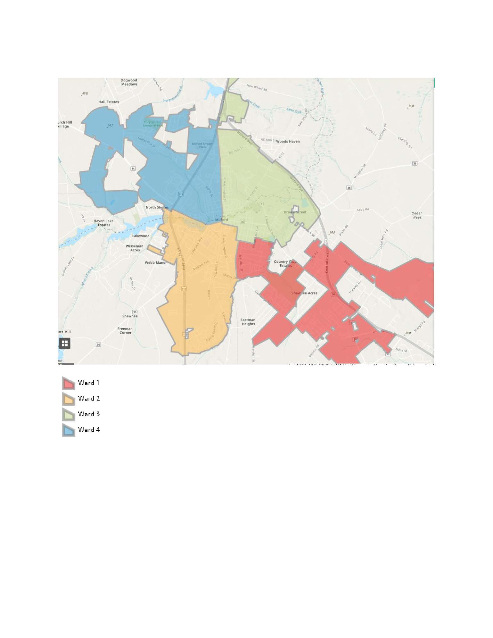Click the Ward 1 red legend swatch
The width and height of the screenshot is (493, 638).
69,383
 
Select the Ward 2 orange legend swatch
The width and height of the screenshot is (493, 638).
69,399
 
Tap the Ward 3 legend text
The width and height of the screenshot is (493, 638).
89,414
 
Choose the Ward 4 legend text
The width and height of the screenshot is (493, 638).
89,430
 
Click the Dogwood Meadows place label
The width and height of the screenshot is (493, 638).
129,82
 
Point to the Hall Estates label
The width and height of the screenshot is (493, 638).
109,102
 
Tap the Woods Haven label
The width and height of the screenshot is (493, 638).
288,141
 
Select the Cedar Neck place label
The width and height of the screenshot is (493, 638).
417,215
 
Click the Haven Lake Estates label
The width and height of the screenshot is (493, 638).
103,223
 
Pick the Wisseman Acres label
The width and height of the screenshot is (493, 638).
135,248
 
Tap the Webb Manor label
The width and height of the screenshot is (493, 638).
156,263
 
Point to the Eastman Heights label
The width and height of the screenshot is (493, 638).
248,322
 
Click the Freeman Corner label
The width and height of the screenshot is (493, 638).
125,331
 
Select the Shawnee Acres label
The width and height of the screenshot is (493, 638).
304,293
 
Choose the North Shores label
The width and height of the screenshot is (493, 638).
157,207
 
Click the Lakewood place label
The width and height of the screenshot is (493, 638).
141,236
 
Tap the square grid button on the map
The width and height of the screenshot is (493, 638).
65,344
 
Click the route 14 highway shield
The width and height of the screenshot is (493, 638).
133,169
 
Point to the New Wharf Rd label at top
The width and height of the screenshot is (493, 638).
257,87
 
